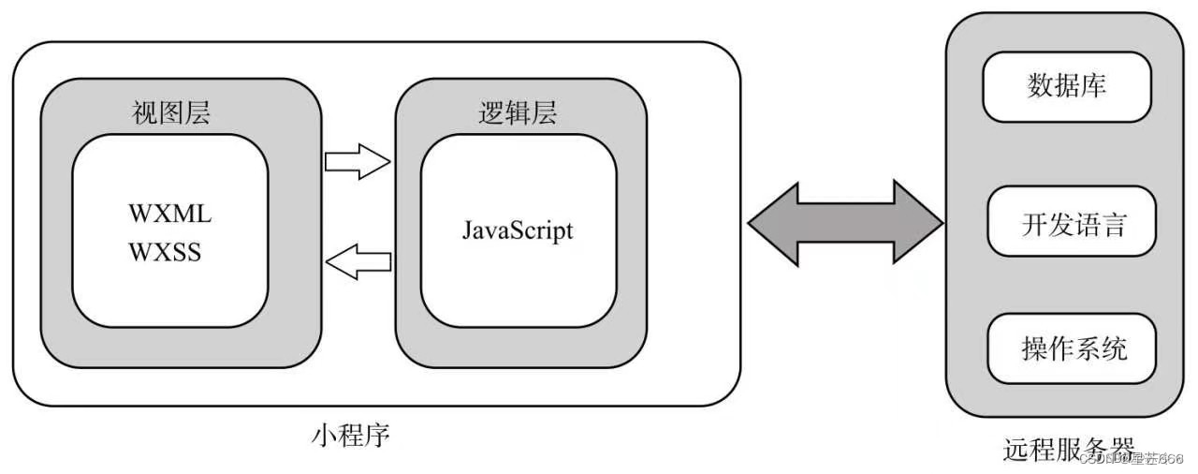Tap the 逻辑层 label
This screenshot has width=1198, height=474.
click(518, 113)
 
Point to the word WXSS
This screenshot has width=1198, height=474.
click(165, 253)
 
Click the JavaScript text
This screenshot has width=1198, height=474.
click(517, 230)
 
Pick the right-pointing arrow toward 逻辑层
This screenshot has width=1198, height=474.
click(357, 160)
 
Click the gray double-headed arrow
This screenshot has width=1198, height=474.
click(845, 222)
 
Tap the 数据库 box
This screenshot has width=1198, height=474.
click(1067, 87)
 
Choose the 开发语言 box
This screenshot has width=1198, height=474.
click(1073, 224)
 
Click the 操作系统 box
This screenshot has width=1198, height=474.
click(1073, 348)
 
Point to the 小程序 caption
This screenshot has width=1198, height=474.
click(349, 436)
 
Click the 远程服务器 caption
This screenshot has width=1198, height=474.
click(1069, 450)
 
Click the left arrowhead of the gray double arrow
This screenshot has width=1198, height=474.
click(773, 222)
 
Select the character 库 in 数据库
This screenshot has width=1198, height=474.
click(1093, 87)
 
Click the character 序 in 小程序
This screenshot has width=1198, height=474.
click(375, 436)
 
